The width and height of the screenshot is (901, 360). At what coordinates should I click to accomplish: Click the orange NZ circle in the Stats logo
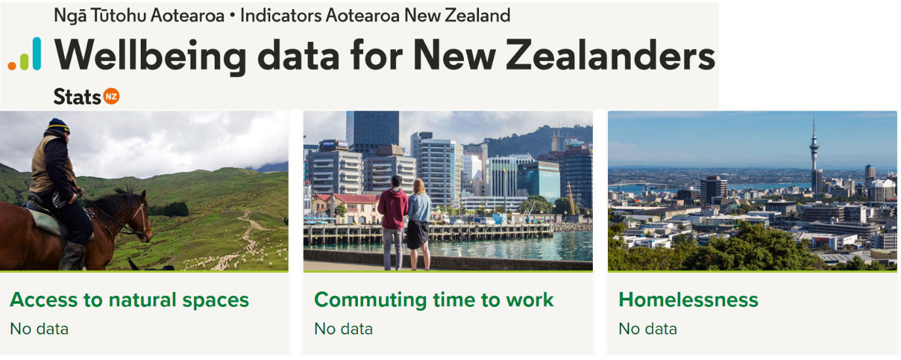tap(111, 96)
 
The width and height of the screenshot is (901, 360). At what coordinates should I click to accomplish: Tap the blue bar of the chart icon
tap(37, 54)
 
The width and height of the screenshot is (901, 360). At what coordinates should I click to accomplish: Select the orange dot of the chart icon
tap(12, 66)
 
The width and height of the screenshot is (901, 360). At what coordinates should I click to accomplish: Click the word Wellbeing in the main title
tap(150, 56)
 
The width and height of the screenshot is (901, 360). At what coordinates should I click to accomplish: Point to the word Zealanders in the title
tap(610, 56)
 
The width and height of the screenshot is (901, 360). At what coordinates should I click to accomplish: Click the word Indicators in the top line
tap(281, 16)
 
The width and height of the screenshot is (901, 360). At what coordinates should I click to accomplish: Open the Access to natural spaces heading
tap(130, 300)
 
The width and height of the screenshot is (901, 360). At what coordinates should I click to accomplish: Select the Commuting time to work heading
tap(434, 300)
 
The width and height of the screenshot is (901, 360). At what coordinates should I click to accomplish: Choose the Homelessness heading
tap(688, 300)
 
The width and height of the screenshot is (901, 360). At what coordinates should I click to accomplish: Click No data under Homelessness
tap(648, 329)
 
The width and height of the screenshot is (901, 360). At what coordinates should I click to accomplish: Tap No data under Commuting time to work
tap(343, 329)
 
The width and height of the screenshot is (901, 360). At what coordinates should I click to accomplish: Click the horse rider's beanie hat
tap(59, 126)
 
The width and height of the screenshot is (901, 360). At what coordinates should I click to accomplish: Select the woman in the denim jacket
tap(419, 224)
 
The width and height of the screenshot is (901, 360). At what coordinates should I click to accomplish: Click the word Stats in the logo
tap(77, 97)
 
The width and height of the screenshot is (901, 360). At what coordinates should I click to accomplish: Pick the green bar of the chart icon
tap(24, 61)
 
